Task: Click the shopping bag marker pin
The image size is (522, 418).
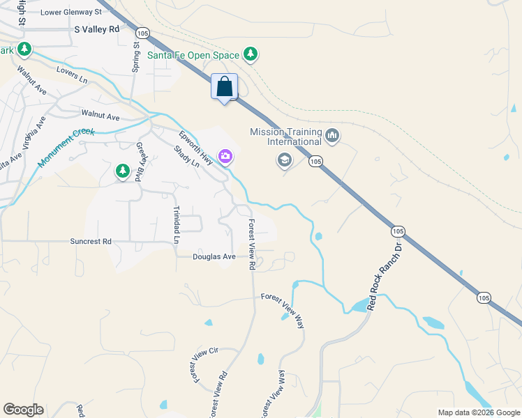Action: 224,88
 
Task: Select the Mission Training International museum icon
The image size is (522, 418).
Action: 332,135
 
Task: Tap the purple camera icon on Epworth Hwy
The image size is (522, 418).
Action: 225,156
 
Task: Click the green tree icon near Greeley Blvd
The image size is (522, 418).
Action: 123,171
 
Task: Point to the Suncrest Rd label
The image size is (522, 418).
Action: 91,242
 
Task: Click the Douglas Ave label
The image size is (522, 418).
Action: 214,256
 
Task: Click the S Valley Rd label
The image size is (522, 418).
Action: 97,30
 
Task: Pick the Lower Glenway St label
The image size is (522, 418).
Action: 71,13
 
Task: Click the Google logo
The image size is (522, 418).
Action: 23,410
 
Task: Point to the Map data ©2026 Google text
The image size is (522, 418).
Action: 478,412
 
